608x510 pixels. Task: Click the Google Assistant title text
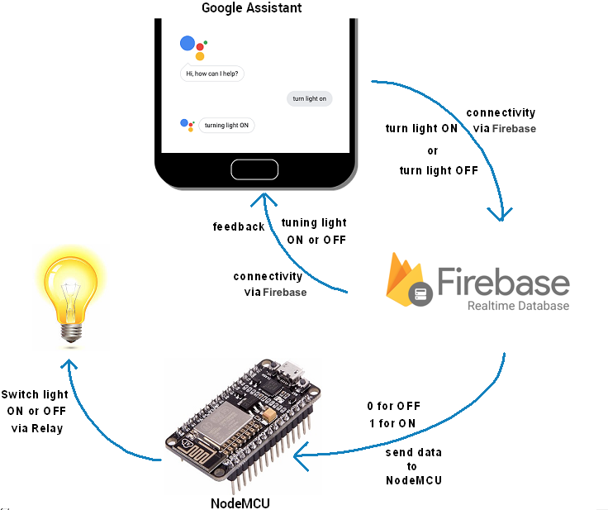[251, 8]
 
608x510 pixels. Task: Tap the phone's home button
[255, 169]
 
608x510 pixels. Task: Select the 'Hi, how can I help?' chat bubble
[212, 74]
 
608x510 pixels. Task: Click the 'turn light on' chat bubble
[310, 98]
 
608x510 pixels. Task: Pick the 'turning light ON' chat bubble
[226, 126]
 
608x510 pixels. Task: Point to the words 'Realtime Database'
[518, 306]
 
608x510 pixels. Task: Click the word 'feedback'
[239, 226]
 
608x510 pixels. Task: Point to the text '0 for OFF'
[393, 407]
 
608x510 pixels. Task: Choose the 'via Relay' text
[37, 428]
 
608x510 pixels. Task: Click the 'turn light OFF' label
[438, 170]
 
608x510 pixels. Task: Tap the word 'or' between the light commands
[433, 151]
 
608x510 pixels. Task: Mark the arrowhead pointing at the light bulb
[70, 365]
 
